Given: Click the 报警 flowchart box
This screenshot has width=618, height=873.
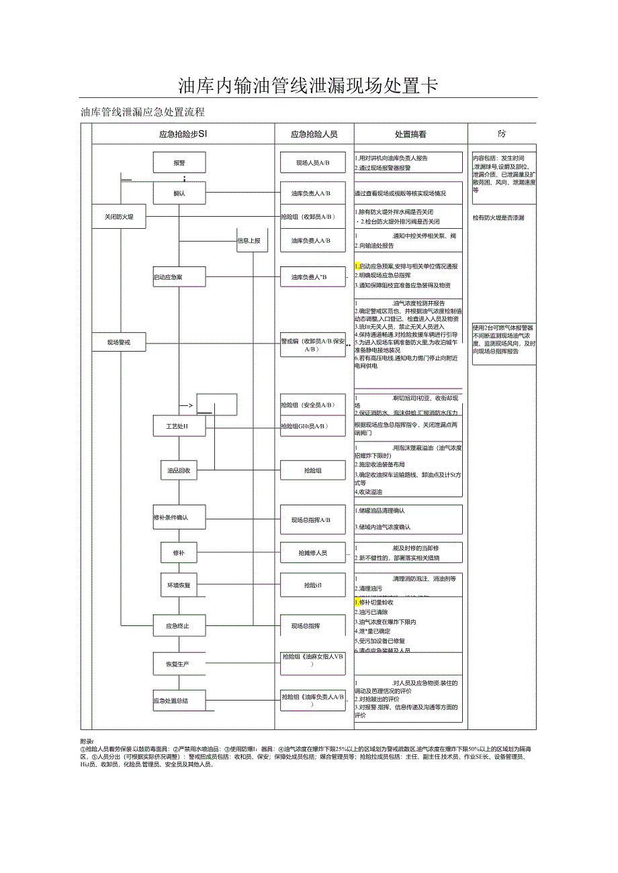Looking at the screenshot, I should pyautogui.click(x=179, y=162).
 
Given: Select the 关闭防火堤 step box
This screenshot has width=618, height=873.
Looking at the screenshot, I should pyautogui.click(x=119, y=217).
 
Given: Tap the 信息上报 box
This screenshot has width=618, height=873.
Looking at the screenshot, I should pyautogui.click(x=249, y=240).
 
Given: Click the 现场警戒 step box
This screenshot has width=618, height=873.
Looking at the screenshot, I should pyautogui.click(x=119, y=343).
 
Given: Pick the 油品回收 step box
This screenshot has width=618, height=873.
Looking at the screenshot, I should pyautogui.click(x=179, y=471).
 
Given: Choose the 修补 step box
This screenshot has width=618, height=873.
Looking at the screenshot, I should pyautogui.click(x=179, y=553).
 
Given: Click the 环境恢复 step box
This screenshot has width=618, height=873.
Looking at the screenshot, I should pyautogui.click(x=179, y=585).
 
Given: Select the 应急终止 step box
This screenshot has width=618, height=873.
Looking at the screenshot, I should pyautogui.click(x=178, y=626).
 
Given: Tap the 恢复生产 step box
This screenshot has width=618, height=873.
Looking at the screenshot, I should pyautogui.click(x=178, y=664).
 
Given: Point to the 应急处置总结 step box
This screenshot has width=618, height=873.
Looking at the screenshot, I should pyautogui.click(x=171, y=701).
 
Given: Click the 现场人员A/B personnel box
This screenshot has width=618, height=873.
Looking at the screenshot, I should pyautogui.click(x=313, y=162).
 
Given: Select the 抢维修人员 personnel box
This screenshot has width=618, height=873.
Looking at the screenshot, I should pyautogui.click(x=313, y=553).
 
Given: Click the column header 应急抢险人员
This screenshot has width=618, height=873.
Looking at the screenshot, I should pyautogui.click(x=314, y=134).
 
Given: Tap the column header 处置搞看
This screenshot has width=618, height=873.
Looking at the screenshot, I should pyautogui.click(x=410, y=134).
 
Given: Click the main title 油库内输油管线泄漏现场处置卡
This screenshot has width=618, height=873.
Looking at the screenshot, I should pyautogui.click(x=308, y=86).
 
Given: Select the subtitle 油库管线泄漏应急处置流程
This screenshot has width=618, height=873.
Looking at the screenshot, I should pyautogui.click(x=142, y=112).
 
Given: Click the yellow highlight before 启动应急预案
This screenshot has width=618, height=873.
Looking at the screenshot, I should pyautogui.click(x=357, y=266).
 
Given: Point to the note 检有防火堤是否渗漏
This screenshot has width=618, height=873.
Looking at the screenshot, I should pyautogui.click(x=498, y=218).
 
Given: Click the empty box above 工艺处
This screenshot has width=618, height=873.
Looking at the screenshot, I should pyautogui.click(x=216, y=405).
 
